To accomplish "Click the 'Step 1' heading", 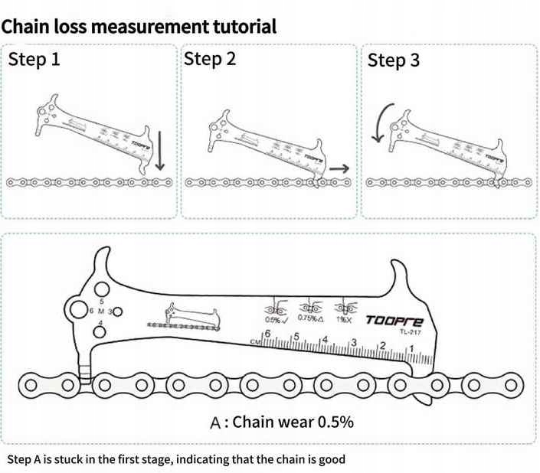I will click(x=34, y=59).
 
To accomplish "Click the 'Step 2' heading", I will click(x=210, y=59).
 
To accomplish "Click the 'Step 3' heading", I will click(x=394, y=60).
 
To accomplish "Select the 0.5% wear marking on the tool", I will click(x=274, y=320).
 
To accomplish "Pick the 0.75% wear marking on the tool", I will click(x=309, y=319).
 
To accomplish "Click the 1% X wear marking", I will click(x=344, y=319).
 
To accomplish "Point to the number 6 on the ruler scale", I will click(x=267, y=334).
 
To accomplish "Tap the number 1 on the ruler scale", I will click(x=414, y=348).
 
